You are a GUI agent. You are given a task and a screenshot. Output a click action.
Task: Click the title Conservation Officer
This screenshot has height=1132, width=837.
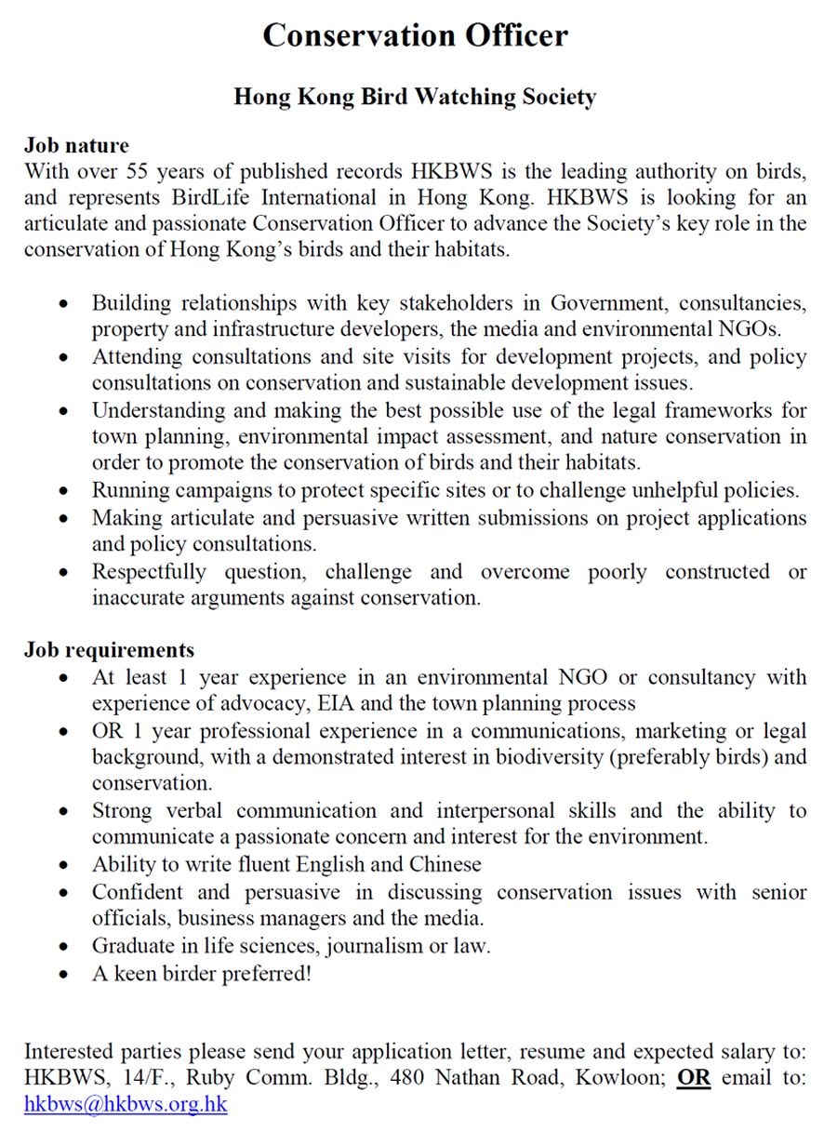pos(415,35)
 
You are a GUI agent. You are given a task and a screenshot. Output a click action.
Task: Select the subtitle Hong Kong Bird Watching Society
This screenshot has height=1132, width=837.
pos(415,97)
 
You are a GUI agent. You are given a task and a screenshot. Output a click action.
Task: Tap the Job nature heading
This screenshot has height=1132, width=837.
pos(76,146)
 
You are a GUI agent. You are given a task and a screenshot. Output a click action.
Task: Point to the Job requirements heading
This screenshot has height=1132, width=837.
pos(109,650)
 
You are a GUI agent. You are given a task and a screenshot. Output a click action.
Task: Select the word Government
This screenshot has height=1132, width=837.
pos(604,304)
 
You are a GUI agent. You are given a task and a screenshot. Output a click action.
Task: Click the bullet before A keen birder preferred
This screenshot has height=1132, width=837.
pos(62,975)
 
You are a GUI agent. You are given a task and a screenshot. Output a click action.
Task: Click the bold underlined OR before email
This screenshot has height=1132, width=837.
pos(693,1078)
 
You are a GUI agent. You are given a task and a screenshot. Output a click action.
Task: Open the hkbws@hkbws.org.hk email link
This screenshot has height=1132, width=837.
pos(126,1105)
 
